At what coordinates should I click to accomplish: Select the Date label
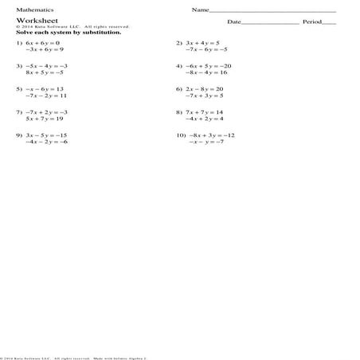(233, 22)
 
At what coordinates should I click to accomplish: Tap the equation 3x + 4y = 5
(203, 41)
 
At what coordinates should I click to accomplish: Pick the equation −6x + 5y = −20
(208, 65)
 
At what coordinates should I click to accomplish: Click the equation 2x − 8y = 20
(205, 88)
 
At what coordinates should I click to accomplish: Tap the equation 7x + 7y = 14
(205, 112)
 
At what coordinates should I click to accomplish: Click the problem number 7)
(19, 112)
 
